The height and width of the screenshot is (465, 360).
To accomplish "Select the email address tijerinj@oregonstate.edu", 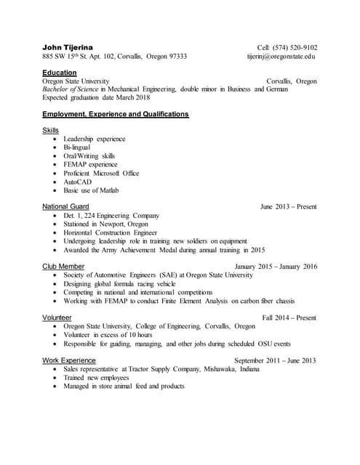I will [x=281, y=57].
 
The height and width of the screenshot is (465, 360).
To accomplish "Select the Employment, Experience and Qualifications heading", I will [x=116, y=114].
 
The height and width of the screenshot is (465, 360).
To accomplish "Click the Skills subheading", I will [x=50, y=130].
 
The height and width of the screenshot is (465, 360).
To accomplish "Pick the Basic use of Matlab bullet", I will [x=90, y=190].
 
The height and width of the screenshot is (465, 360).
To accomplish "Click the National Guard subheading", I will [x=65, y=206].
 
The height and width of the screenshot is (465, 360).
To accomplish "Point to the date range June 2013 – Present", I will [x=289, y=207].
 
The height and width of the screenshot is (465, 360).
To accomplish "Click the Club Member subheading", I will [x=63, y=267].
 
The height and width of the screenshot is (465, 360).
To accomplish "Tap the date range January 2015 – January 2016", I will [x=276, y=267].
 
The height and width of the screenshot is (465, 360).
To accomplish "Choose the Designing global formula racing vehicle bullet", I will [x=119, y=284].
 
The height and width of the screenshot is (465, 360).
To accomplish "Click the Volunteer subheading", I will [x=57, y=318].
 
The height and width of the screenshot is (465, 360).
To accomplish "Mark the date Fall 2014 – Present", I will [x=289, y=318].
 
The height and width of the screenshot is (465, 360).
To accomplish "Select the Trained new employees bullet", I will [x=96, y=378].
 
